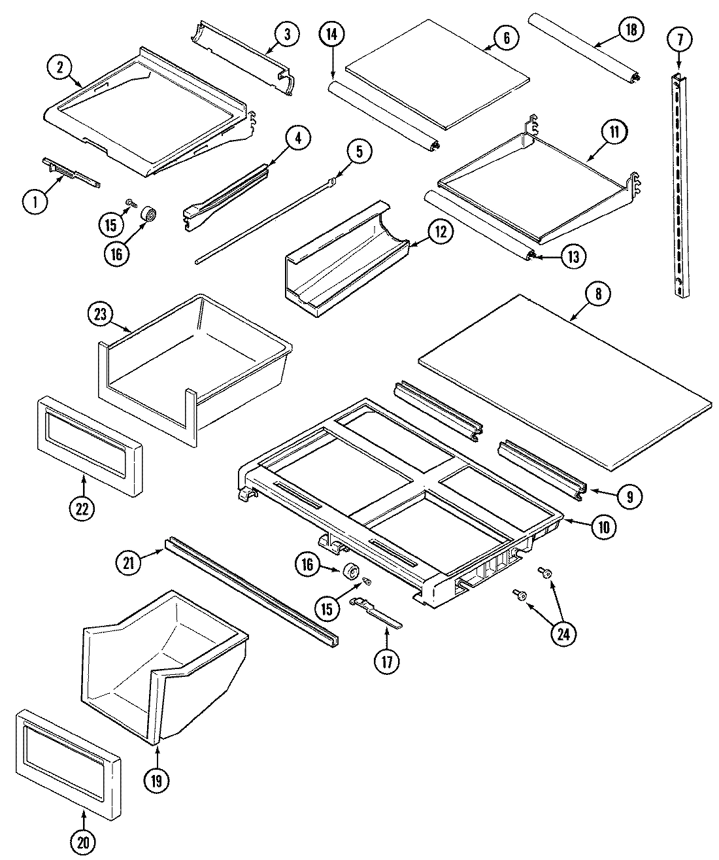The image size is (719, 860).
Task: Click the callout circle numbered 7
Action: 680,39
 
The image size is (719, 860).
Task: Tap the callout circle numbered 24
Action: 563,632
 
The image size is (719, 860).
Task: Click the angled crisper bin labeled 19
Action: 163,661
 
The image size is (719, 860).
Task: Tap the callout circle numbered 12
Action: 441,231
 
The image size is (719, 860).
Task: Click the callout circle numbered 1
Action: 36,202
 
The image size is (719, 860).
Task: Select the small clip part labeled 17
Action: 376,612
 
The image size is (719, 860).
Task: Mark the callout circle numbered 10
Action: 603,527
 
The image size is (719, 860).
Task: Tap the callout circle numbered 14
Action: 333,35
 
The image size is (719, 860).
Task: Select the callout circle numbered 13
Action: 573,256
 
